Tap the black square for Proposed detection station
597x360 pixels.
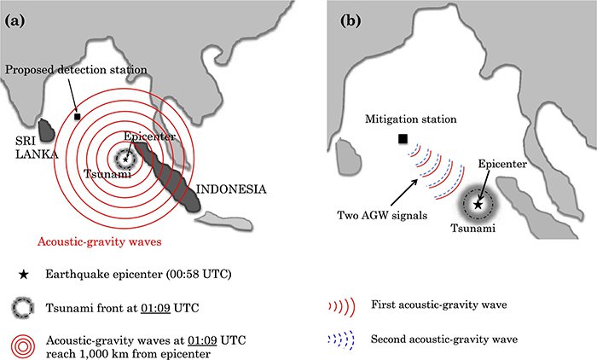pyautogui.click(x=78, y=116)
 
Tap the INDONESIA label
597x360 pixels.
pyautogui.click(x=231, y=189)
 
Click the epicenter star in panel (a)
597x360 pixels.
pyautogui.click(x=127, y=158)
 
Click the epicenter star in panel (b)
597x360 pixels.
pyautogui.click(x=478, y=205)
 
